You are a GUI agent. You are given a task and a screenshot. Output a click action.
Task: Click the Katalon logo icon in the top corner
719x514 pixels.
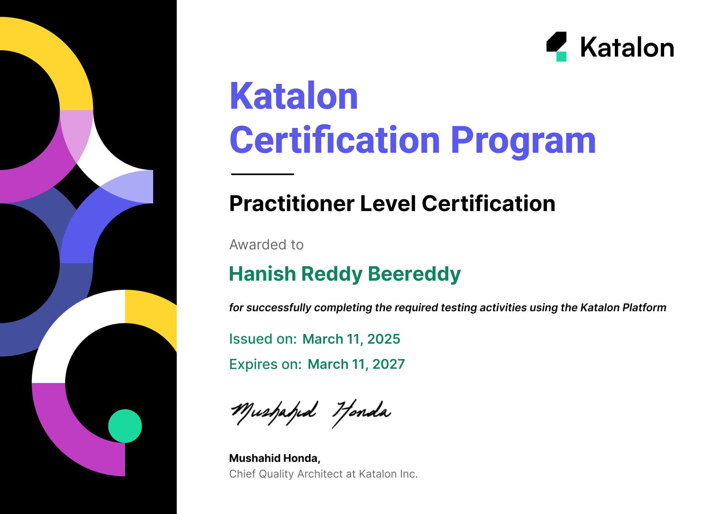tap(556, 46)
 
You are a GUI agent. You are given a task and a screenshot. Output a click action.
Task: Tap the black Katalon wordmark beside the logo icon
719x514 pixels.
tap(627, 48)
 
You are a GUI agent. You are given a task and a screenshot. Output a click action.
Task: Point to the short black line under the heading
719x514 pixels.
tap(263, 174)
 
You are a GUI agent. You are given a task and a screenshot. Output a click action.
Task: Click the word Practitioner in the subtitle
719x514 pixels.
tap(292, 204)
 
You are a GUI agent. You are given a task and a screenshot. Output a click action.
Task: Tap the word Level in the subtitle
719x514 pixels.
tap(388, 203)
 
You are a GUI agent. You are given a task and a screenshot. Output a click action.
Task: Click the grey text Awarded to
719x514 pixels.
tap(266, 244)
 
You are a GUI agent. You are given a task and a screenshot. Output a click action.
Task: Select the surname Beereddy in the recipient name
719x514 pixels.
tap(414, 274)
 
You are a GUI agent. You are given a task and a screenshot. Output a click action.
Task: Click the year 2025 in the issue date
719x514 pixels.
tap(384, 339)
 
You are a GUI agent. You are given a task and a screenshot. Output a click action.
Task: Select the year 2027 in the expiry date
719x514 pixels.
tap(389, 364)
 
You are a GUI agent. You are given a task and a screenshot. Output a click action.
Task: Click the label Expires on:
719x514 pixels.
tap(265, 365)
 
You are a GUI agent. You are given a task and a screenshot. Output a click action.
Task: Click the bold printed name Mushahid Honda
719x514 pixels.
tap(275, 459)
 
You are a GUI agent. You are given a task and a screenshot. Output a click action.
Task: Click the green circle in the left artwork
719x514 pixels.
tap(125, 426)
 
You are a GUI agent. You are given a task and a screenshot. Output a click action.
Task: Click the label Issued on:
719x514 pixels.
tap(263, 339)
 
